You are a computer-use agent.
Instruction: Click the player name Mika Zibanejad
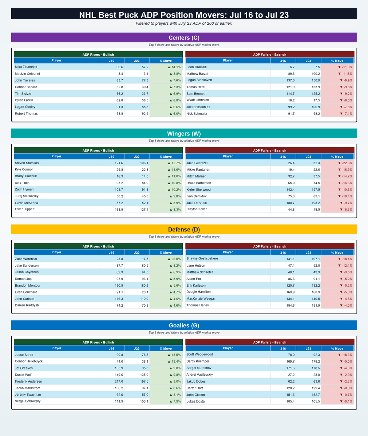[26, 67]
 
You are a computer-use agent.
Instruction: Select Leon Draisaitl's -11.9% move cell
[345, 67]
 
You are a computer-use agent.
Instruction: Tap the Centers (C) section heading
[184, 37]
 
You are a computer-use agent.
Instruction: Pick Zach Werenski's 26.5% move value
[174, 259]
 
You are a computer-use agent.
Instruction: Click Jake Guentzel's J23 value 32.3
[317, 163]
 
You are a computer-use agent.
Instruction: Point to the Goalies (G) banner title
[184, 325]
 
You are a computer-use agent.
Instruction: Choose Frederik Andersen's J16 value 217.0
[119, 381]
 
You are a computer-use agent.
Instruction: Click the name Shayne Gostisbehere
[202, 258]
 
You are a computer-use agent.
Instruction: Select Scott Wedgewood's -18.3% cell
[345, 355]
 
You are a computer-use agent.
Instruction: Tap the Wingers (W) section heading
[184, 133]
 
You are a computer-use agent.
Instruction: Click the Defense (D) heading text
[184, 230]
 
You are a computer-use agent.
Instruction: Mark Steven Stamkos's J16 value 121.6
[119, 163]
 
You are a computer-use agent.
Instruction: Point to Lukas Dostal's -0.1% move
[346, 401]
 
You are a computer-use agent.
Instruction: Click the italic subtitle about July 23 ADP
[184, 23]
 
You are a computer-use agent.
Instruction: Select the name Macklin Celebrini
[27, 73]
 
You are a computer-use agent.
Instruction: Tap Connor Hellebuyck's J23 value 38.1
[145, 361]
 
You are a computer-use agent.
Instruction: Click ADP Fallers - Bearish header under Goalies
[270, 342]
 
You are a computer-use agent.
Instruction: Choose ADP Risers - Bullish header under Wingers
[98, 150]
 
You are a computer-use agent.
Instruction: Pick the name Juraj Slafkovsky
[27, 196]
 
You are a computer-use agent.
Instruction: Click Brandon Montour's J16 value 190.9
[119, 286]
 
